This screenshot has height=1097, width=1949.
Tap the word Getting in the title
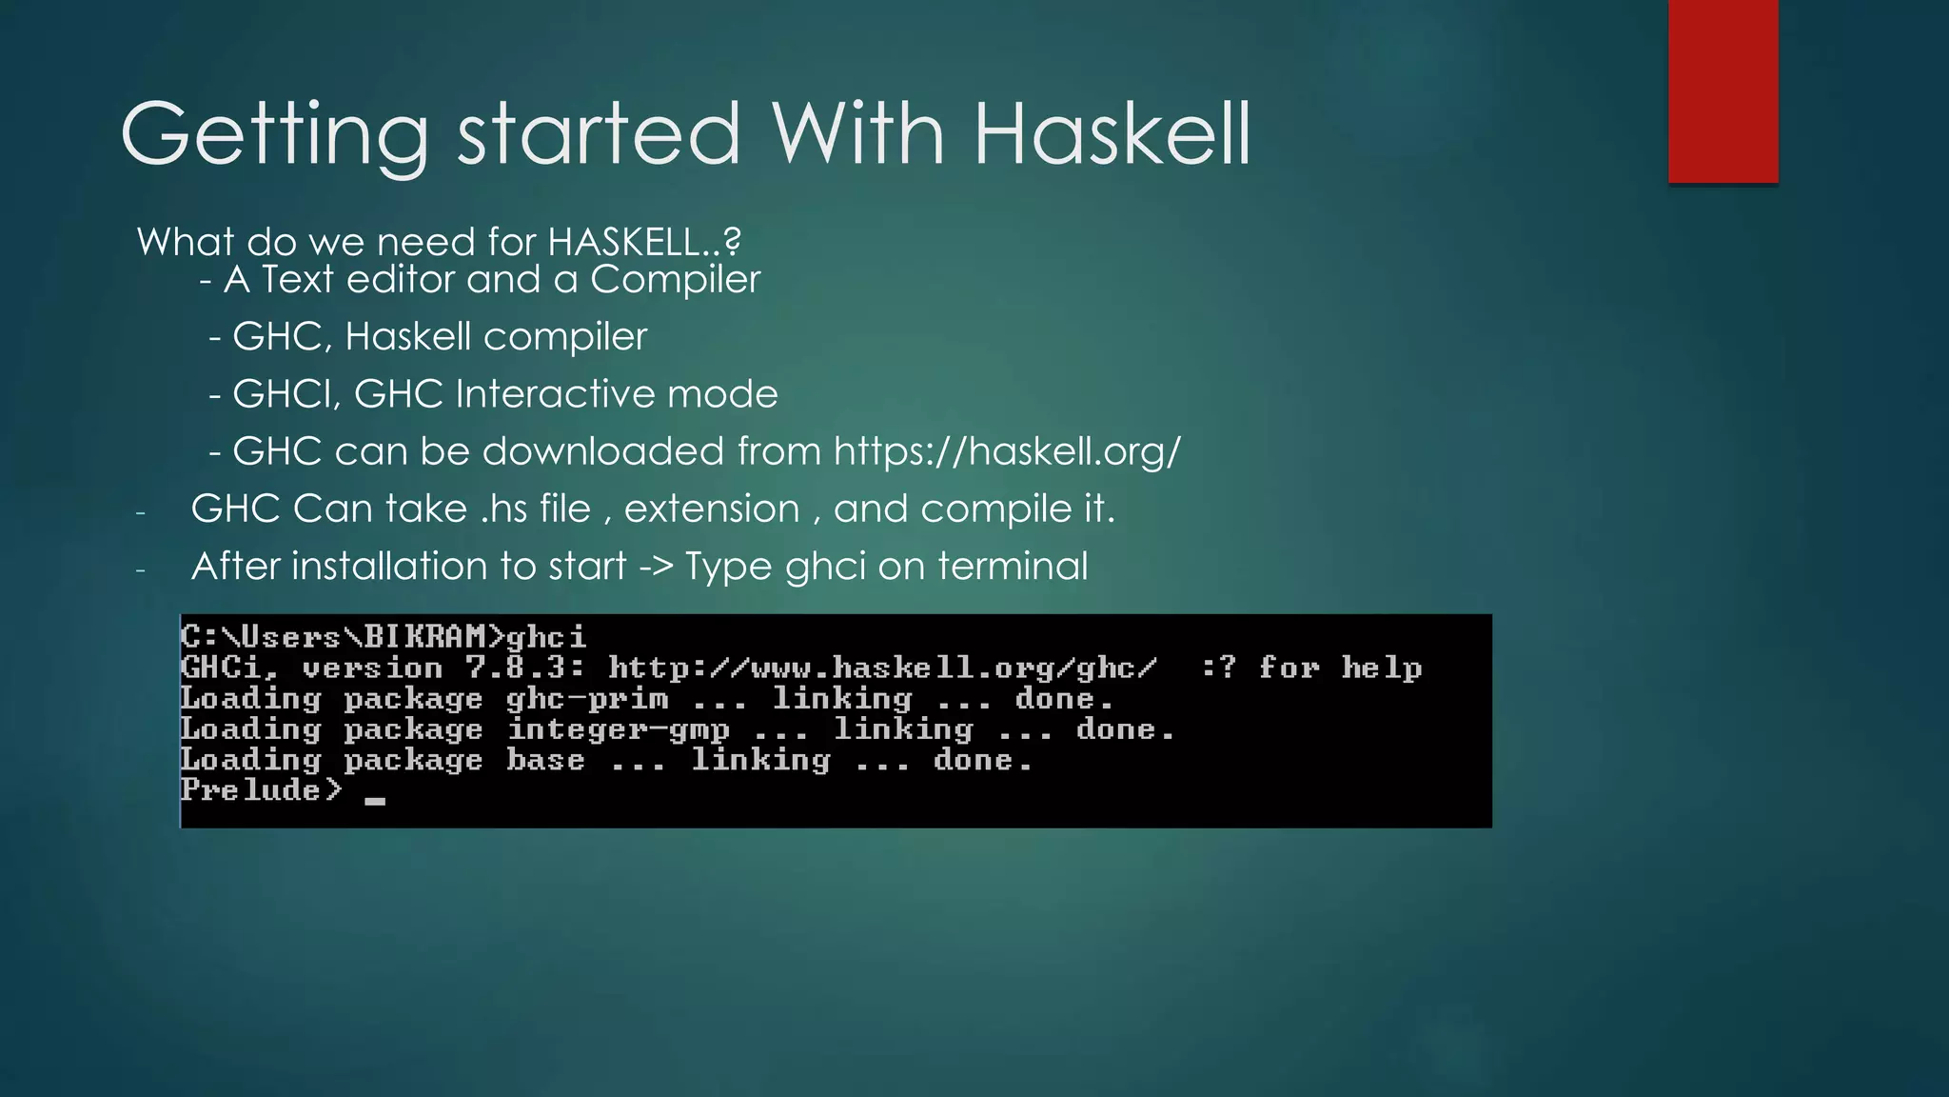[274, 135]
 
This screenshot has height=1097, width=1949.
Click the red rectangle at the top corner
[1723, 90]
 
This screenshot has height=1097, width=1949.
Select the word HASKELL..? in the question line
[644, 242]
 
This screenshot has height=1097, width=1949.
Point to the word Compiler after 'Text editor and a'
[675, 280]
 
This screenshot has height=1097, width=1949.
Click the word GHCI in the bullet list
[286, 394]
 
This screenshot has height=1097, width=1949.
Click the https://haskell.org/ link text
[1007, 451]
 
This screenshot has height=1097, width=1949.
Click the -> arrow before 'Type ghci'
[656, 567]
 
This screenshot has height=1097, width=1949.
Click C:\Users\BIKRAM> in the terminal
[343, 636]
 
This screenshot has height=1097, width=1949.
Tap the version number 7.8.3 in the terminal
[524, 668]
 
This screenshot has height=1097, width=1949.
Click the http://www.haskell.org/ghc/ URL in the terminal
[882, 668]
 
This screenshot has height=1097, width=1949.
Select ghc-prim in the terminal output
[587, 699]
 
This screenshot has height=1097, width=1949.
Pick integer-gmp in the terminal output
[618, 729]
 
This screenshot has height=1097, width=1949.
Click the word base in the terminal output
[545, 760]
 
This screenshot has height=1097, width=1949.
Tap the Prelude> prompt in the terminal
[261, 790]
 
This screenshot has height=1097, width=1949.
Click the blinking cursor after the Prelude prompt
[375, 801]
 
